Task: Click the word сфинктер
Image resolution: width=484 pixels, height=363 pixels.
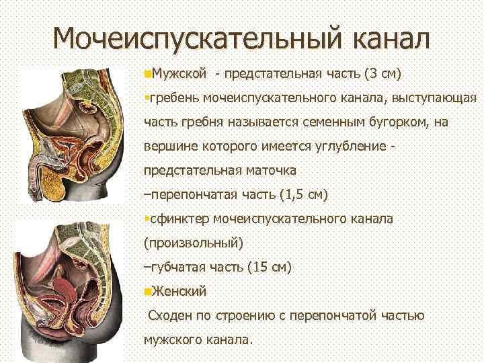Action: pos(179,219)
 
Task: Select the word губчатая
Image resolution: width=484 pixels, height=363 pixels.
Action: pos(177,267)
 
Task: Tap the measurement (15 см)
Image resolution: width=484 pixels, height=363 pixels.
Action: pos(269,267)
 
